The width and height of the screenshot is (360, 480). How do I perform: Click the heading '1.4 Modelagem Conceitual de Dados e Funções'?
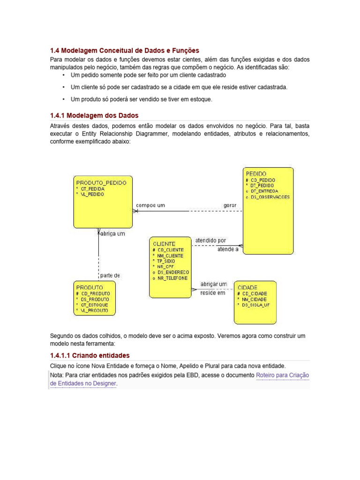[124, 50]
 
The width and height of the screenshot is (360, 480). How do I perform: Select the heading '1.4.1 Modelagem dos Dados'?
[94, 115]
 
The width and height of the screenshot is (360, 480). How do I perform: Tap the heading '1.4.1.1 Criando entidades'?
[90, 355]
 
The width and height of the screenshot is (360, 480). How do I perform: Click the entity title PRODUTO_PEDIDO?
[101, 182]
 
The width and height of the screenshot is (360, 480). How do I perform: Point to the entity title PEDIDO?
[256, 173]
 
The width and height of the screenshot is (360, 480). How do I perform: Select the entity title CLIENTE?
[164, 244]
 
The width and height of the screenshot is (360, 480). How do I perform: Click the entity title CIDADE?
[247, 287]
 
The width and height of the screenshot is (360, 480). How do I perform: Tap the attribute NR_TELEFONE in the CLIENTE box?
[173, 278]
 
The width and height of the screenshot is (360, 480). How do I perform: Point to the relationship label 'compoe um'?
[150, 205]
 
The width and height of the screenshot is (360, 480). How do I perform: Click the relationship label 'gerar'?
[230, 205]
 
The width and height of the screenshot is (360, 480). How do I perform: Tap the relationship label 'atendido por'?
[210, 240]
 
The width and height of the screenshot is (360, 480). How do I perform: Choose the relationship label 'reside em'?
[213, 293]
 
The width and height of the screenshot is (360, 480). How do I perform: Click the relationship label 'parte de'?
[110, 276]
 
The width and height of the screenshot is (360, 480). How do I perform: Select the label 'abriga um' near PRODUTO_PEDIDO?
[113, 234]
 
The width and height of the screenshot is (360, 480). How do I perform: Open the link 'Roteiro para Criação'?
[283, 375]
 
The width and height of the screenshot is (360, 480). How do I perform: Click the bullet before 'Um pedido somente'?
[63, 75]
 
